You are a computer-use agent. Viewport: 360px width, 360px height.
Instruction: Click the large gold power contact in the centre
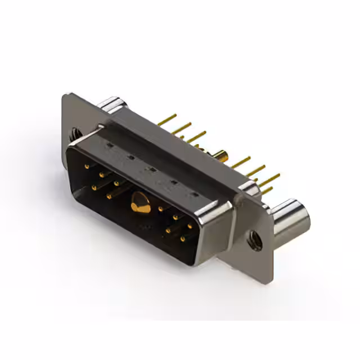(139, 202)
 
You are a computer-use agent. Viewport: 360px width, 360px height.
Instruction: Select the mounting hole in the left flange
(74, 134)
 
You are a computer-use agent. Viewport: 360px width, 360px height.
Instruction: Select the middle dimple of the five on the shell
(150, 169)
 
